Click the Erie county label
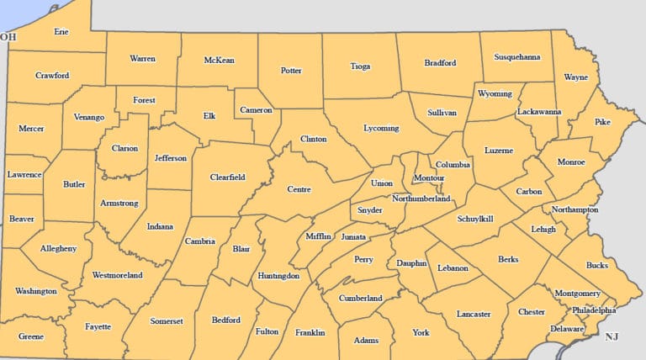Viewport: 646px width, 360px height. (x=61, y=32)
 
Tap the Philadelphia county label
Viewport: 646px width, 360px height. (x=594, y=310)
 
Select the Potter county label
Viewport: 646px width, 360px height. (x=291, y=71)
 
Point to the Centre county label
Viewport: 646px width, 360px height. (x=299, y=189)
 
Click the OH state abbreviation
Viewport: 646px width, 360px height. (x=8, y=37)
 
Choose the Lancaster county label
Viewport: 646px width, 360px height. (x=474, y=314)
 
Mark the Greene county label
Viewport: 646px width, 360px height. (x=31, y=336)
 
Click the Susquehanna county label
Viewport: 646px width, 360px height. (x=516, y=57)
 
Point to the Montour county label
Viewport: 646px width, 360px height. (x=428, y=178)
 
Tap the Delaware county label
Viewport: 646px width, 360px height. (x=566, y=329)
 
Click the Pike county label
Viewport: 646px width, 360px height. (x=602, y=122)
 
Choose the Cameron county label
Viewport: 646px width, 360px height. (x=256, y=110)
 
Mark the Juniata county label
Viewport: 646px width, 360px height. (x=353, y=237)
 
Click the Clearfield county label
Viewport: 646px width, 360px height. (x=227, y=177)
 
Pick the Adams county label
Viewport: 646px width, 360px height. (x=366, y=341)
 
